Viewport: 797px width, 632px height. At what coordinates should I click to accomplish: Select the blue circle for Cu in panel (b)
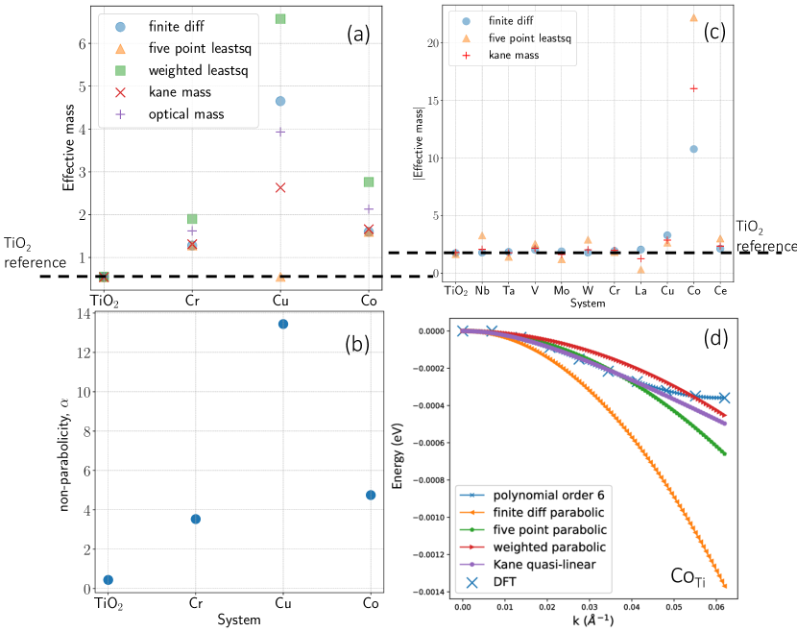pyautogui.click(x=282, y=324)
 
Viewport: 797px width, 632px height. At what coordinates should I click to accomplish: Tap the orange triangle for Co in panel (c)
pyautogui.click(x=693, y=17)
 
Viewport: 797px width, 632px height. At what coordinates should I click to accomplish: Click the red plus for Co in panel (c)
pyautogui.click(x=693, y=88)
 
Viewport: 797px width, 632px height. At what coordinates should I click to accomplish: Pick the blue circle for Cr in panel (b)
pyautogui.click(x=196, y=519)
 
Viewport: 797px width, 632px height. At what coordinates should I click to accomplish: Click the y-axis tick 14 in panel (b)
pyautogui.click(x=83, y=313)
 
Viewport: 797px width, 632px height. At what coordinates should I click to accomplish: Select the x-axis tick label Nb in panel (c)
pyautogui.click(x=482, y=290)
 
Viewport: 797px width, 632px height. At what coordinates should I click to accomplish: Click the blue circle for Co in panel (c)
pyautogui.click(x=693, y=149)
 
